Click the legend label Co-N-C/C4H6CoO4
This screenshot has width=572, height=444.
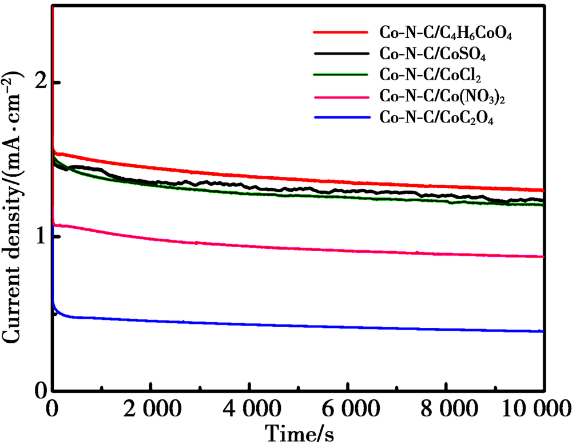(x=445, y=34)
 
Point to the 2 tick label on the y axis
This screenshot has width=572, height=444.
(x=41, y=82)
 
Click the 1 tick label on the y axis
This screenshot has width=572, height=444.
(x=41, y=237)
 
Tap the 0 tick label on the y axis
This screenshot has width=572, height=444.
(x=41, y=392)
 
